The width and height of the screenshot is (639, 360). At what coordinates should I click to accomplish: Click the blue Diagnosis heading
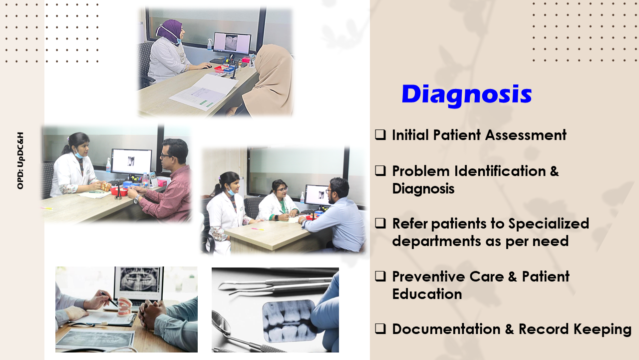click(x=467, y=95)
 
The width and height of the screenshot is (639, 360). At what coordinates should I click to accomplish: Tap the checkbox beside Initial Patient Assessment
click(x=380, y=134)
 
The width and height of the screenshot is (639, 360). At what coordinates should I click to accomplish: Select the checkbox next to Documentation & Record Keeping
click(x=380, y=329)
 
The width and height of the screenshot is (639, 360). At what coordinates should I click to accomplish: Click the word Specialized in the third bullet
click(x=549, y=224)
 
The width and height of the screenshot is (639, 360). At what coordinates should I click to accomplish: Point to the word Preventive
click(x=428, y=276)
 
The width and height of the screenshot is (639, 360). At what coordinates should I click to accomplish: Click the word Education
click(x=427, y=294)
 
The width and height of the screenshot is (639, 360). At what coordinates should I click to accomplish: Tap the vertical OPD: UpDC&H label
click(x=20, y=160)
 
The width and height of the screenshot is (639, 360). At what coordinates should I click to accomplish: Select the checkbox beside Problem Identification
click(x=380, y=170)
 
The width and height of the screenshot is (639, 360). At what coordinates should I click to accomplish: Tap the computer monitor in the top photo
click(x=232, y=43)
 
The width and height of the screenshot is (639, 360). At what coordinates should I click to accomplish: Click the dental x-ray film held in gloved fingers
click(x=289, y=320)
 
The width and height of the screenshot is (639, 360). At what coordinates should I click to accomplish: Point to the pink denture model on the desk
click(x=125, y=307)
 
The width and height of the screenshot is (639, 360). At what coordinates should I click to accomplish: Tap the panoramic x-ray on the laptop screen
click(x=139, y=279)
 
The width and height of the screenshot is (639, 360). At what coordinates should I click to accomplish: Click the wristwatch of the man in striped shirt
click(x=137, y=199)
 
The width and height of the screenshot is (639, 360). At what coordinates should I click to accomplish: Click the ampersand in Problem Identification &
click(x=554, y=171)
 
